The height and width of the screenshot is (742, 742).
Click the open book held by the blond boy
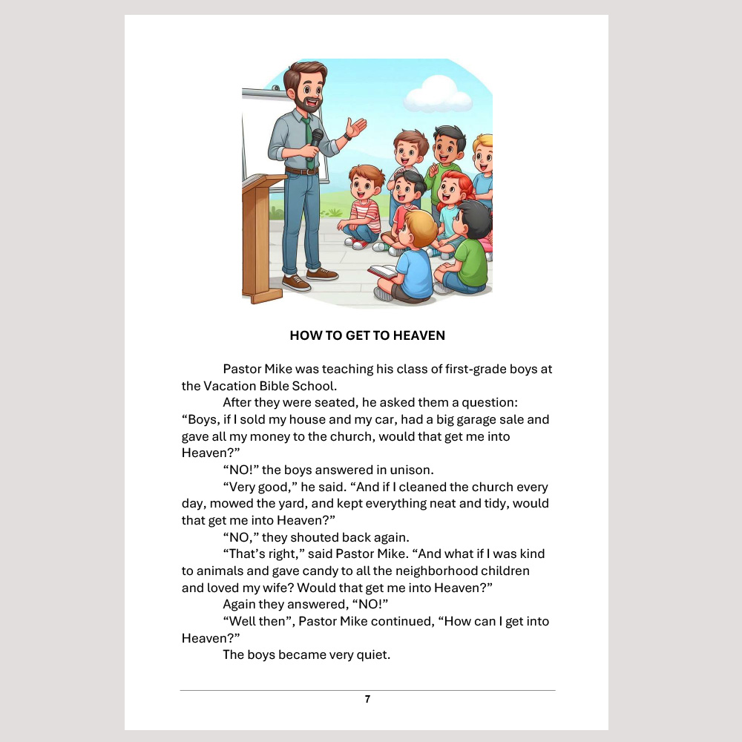tap(382, 271)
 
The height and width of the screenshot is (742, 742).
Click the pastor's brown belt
tap(301, 171)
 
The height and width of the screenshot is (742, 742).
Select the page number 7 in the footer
tap(367, 699)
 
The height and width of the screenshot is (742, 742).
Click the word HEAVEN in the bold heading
tap(421, 335)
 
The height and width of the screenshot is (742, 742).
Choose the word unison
tap(412, 470)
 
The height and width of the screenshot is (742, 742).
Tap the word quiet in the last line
tap(372, 655)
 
